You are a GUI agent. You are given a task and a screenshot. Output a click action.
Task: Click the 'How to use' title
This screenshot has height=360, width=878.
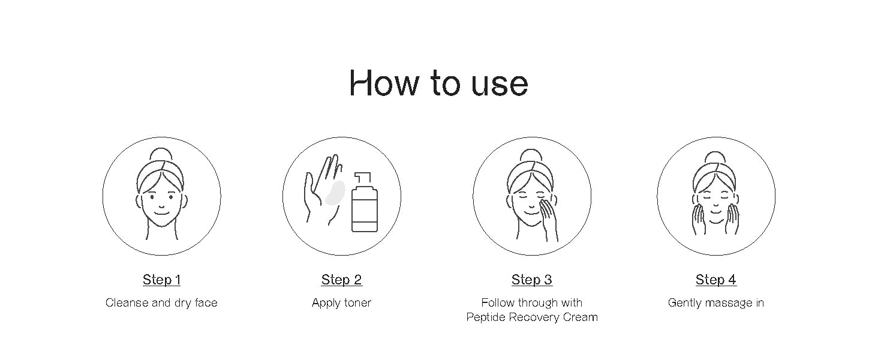click(x=438, y=83)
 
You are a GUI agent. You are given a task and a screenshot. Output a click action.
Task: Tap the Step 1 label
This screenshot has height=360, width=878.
click(x=161, y=280)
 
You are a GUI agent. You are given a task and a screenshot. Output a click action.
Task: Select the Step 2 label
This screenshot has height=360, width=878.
click(x=341, y=280)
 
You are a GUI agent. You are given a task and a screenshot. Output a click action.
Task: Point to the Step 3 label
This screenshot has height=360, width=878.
click(x=532, y=280)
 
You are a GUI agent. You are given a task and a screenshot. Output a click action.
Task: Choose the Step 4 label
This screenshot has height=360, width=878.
click(x=715, y=280)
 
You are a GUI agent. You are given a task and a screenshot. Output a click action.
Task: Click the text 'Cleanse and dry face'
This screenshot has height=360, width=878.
click(x=161, y=303)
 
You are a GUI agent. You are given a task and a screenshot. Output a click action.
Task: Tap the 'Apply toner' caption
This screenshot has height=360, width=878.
click(x=341, y=303)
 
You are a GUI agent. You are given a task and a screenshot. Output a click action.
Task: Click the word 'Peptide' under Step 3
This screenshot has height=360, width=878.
click(x=486, y=317)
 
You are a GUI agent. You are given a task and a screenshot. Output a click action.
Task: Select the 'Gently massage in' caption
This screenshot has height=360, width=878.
click(x=715, y=303)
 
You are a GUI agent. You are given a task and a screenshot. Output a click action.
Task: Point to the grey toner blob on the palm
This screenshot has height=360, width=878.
click(x=335, y=193)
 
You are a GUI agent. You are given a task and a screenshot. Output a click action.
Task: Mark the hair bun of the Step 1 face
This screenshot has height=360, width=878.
click(x=161, y=154)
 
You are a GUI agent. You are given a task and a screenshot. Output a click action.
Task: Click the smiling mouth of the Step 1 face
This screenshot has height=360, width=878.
click(x=161, y=214)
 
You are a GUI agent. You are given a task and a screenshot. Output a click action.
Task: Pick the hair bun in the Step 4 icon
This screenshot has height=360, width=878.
click(x=715, y=157)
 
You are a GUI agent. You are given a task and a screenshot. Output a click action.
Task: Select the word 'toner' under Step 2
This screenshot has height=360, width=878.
click(x=357, y=303)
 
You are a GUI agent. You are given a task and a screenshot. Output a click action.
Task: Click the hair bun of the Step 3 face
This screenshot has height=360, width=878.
click(x=531, y=155)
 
